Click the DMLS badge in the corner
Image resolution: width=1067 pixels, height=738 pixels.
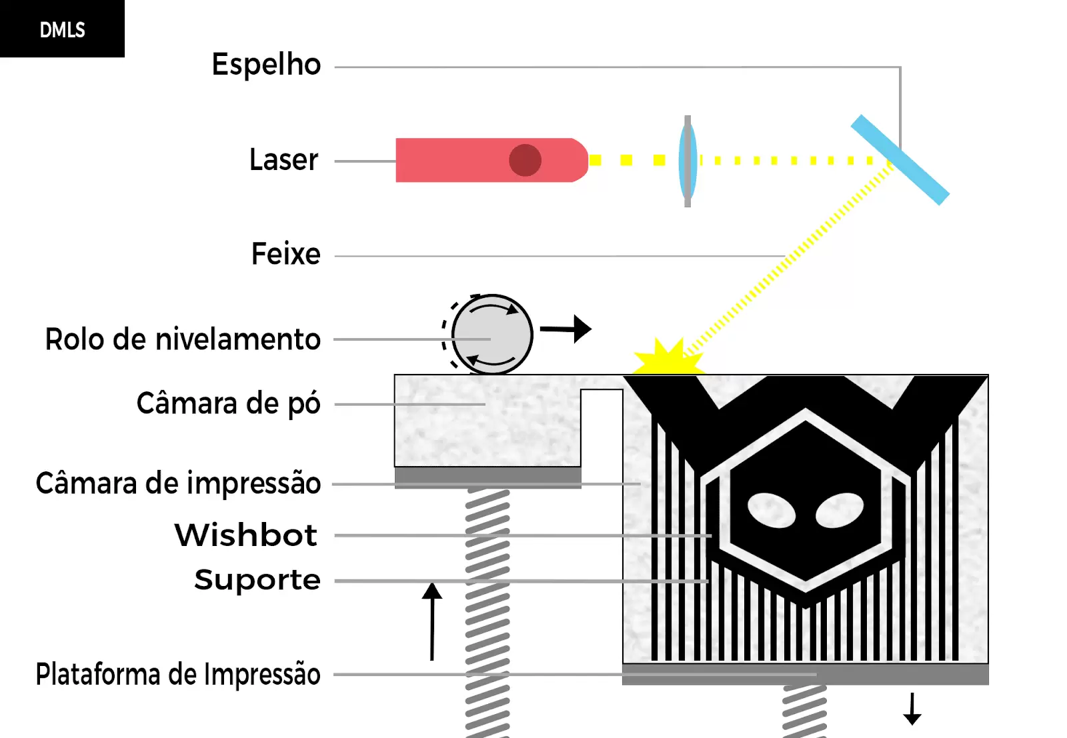point(62,29)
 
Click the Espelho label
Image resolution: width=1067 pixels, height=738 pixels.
point(266,65)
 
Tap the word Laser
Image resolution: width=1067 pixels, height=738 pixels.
point(284,159)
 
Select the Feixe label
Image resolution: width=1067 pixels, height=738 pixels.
point(286,254)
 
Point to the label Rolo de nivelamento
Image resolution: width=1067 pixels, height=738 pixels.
point(183,339)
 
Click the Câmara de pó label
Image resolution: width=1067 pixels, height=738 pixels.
point(229,404)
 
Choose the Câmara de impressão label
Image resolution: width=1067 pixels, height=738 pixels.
point(179,483)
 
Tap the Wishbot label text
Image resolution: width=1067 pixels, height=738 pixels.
point(246,535)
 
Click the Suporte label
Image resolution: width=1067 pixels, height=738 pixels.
point(257,579)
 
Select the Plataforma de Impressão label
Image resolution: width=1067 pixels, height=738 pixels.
point(178,674)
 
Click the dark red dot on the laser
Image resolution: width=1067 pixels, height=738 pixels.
point(525,160)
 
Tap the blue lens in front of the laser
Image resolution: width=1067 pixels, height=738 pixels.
point(688,161)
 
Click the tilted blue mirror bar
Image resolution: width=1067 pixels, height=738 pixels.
point(900,160)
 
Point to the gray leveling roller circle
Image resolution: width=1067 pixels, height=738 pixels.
point(492,335)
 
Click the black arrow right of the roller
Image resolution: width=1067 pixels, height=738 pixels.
point(566,329)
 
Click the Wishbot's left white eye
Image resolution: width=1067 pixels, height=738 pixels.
point(772,511)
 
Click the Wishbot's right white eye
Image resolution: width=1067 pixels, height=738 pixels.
point(840,511)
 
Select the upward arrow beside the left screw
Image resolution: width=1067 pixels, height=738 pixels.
point(432,621)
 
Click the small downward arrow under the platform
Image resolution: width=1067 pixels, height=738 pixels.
point(912,709)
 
